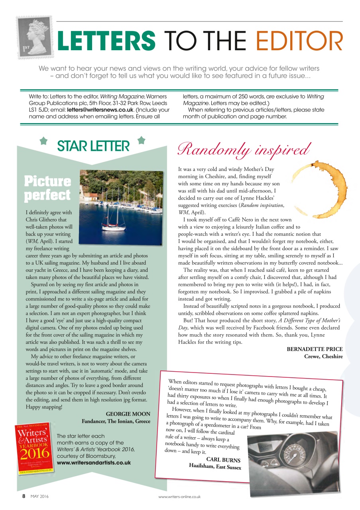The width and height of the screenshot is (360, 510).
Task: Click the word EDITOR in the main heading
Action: pyautogui.click(x=299, y=41)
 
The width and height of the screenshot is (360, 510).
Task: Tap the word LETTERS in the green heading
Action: pyautogui.click(x=106, y=41)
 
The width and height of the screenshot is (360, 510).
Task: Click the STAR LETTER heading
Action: pyautogui.click(x=93, y=146)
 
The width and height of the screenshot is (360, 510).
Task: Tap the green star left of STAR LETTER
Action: pyautogui.click(x=44, y=141)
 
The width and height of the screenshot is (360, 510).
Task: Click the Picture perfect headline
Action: pyautogui.click(x=47, y=188)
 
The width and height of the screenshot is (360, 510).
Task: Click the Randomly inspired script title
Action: pyautogui.click(x=244, y=149)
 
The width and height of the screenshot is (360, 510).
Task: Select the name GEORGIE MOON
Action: pyautogui.click(x=128, y=414)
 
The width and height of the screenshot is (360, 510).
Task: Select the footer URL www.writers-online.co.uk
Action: pyautogui.click(x=179, y=497)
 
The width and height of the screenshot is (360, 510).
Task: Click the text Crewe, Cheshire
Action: pyautogui.click(x=323, y=356)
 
